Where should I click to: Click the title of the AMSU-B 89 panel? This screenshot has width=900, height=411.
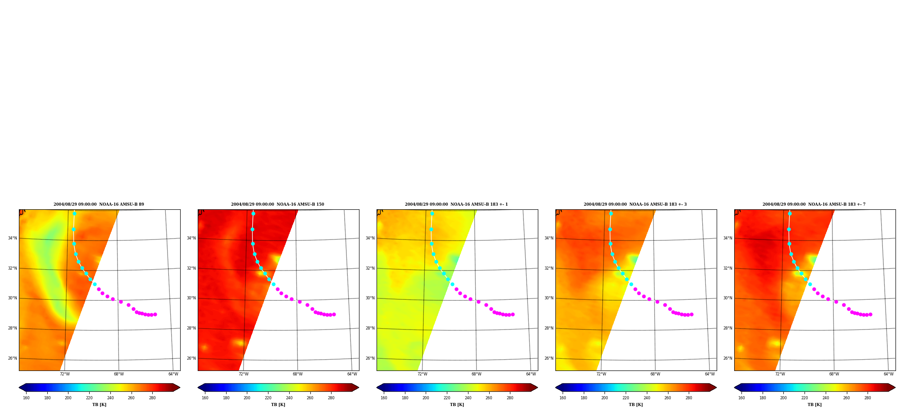click(99, 204)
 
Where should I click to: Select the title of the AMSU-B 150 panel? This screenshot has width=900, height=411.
click(277, 204)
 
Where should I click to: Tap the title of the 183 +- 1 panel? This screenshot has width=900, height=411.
click(456, 204)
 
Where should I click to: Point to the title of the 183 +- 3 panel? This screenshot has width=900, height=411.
click(635, 204)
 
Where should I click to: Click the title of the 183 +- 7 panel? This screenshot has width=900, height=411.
click(814, 204)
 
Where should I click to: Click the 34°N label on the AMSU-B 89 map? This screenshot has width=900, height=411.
click(12, 238)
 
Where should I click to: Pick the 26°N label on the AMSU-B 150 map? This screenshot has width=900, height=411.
click(191, 358)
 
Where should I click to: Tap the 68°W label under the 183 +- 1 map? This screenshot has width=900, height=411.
click(477, 374)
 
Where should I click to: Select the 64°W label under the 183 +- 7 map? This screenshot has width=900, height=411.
click(888, 374)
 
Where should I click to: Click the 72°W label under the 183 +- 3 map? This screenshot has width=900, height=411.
click(601, 374)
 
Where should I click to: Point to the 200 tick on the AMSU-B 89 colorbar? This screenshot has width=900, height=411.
click(68, 398)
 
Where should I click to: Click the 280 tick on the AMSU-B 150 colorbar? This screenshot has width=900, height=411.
click(331, 398)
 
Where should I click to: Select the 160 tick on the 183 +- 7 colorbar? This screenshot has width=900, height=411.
click(741, 398)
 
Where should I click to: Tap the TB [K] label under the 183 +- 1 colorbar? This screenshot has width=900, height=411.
click(457, 405)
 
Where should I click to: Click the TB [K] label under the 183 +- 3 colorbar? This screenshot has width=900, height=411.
click(636, 405)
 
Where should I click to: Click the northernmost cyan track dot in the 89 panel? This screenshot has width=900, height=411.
click(74, 213)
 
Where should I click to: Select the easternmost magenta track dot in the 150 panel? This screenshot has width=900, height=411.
click(334, 314)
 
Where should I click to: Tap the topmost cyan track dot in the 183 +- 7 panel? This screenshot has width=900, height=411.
click(790, 213)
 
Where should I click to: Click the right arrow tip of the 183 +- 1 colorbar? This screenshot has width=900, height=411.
click(537, 388)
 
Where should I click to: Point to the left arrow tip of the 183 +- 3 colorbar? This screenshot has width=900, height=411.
click(555, 388)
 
